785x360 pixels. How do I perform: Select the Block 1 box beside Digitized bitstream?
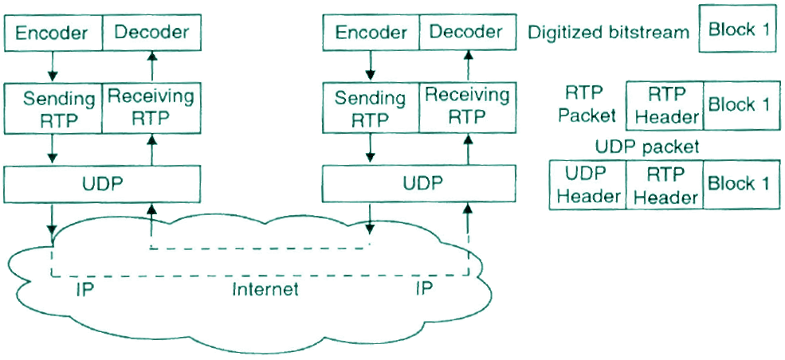click(x=738, y=29)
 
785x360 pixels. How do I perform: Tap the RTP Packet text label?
click(x=587, y=104)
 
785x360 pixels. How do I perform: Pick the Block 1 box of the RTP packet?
click(x=739, y=105)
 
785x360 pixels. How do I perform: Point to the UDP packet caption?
click(x=647, y=147)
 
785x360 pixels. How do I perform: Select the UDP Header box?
click(x=587, y=185)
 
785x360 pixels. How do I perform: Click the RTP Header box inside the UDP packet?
click(x=665, y=185)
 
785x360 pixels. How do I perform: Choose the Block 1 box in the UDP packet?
click(x=739, y=185)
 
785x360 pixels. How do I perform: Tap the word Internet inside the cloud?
click(x=265, y=288)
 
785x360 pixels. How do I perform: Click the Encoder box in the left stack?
click(x=53, y=33)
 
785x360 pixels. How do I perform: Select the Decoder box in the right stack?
click(x=466, y=33)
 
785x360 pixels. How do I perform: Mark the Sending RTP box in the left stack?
click(x=53, y=109)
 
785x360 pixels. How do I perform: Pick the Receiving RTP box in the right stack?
click(x=466, y=106)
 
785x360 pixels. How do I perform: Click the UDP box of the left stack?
click(x=102, y=184)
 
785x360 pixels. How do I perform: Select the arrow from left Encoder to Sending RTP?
click(x=53, y=66)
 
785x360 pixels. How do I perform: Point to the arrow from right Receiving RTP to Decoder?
click(x=468, y=66)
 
